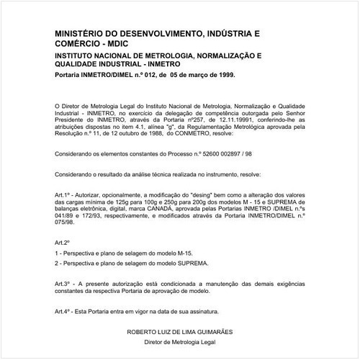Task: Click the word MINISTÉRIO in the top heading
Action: [81, 33]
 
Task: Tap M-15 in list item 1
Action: [182, 254]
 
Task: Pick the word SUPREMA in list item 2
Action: [192, 264]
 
